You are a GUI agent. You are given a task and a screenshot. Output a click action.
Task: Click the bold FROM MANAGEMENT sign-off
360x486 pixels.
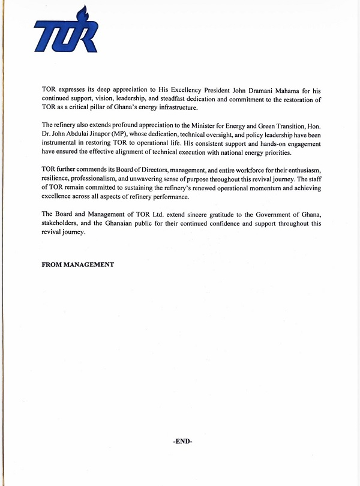click(77, 265)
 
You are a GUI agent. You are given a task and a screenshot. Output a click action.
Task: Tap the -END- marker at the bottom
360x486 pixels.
click(182, 441)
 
